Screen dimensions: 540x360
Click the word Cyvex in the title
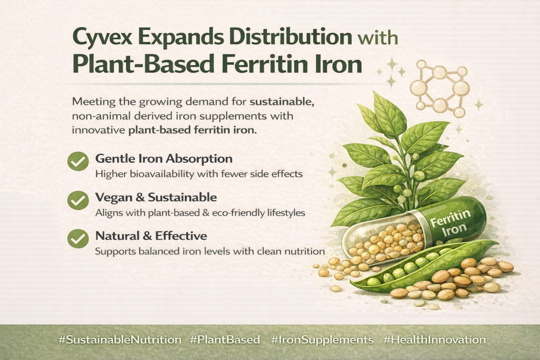(x=102, y=37)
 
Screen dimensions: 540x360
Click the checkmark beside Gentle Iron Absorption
(x=78, y=161)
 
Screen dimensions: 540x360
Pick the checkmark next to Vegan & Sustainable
(x=78, y=200)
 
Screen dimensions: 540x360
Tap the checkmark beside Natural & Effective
(x=78, y=239)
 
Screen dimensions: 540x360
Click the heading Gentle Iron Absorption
(x=164, y=159)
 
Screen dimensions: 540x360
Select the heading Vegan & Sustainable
(x=156, y=197)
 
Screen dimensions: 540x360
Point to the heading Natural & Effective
(x=151, y=236)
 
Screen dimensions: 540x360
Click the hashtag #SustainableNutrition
(x=120, y=340)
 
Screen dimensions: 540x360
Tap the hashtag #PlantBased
(x=225, y=339)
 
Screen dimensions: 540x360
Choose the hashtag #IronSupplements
(x=322, y=340)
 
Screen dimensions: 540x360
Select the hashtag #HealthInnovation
(x=435, y=339)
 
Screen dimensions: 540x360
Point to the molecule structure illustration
(x=440, y=89)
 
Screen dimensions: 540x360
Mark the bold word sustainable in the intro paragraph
(x=282, y=102)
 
